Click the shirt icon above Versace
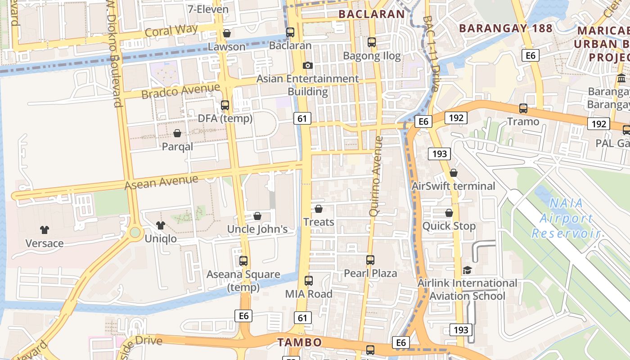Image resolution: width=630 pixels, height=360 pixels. coord(44,229)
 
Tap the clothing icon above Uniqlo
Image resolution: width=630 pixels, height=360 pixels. coord(161,225)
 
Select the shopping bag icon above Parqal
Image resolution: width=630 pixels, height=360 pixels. coord(177,133)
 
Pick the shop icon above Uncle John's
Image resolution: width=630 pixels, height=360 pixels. coord(257,216)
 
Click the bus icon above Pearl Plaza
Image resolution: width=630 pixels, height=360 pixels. coord(370,260)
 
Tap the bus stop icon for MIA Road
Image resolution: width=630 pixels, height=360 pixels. coord(309,280)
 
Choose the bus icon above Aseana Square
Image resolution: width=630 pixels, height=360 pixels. coord(243,261)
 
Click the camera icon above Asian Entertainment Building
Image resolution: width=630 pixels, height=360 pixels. coord(308,65)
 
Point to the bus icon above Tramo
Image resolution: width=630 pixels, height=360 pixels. coord(523,108)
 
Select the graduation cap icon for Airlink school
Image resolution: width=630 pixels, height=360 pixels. coord(468,270)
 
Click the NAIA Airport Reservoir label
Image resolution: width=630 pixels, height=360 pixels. coord(566,218)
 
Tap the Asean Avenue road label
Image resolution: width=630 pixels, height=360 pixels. coord(161,182)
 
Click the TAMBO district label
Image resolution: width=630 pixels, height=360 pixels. coord(299,342)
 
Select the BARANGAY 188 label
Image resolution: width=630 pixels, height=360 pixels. coord(505,28)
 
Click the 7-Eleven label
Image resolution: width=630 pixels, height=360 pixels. coord(208,9)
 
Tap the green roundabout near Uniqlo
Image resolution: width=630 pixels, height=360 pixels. coord(135,232)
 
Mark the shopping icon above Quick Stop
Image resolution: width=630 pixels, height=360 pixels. coord(449,213)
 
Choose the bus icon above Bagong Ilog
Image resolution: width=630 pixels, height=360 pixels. coord(372,42)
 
